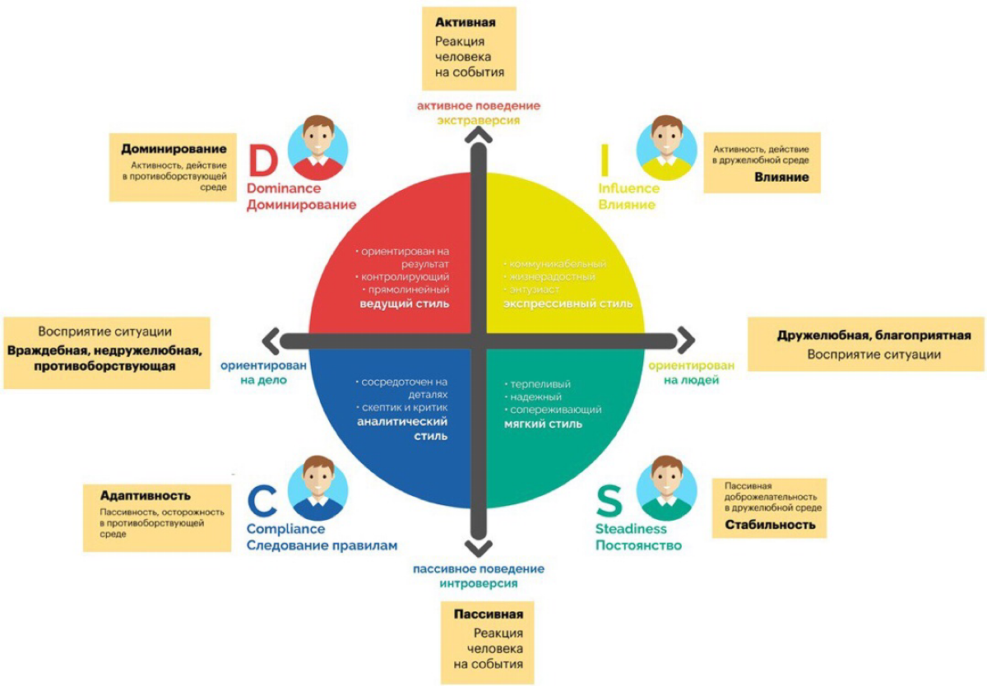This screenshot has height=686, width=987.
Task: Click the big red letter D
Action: pos(263,160)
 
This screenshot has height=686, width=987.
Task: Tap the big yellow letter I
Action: pos(605,160)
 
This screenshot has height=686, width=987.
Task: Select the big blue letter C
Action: pos(262,500)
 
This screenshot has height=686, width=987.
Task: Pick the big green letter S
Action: pos(609,500)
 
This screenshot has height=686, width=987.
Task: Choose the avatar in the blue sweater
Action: pos(317,488)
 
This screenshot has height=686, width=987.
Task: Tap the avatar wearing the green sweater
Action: pos(667,488)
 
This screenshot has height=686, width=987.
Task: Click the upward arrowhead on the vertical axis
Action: pos(479,135)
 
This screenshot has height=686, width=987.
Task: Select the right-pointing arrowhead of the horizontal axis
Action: pos(687,341)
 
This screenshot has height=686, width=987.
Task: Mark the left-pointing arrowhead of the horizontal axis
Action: pos(271,341)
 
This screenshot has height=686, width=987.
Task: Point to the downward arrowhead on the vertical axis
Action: pos(479,549)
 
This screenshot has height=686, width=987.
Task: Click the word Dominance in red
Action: pos(284,188)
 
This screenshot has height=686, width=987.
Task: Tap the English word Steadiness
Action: pos(631,528)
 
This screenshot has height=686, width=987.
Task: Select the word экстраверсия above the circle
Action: pos(479,120)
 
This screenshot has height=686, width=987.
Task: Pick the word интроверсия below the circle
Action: pos(479,584)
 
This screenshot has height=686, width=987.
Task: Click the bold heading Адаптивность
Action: pos(146,496)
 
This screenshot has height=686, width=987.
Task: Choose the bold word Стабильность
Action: pos(770,525)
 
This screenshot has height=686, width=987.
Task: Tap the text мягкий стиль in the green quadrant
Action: pos(544,424)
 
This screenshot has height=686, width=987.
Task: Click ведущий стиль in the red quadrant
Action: pos(405,304)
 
